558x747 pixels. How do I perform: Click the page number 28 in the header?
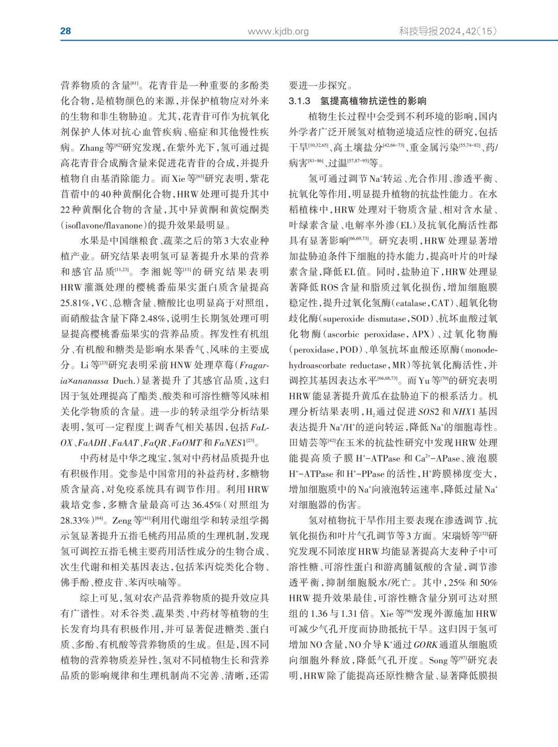tap(66, 31)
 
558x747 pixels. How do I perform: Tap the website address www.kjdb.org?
tap(278, 32)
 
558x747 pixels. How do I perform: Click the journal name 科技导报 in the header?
tap(418, 31)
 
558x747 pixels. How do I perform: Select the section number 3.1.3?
tap(300, 101)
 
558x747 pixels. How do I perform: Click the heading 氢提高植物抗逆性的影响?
tap(373, 101)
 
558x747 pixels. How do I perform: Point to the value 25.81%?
tap(76, 303)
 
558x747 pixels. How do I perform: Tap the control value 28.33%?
tap(76, 521)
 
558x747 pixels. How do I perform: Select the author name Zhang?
tap(91, 148)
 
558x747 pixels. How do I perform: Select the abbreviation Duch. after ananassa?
tap(123, 381)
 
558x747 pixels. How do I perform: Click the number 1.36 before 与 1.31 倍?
tap(320, 614)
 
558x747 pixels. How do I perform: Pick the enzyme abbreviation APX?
tap(421, 334)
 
